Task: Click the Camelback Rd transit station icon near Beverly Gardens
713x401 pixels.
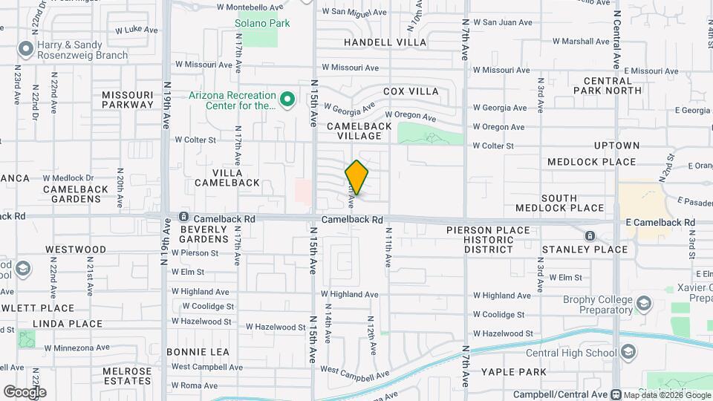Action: [183, 219]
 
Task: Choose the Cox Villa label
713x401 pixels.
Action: [411, 91]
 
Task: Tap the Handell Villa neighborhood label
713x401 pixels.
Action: [385, 42]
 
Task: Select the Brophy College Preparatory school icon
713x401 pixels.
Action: [643, 304]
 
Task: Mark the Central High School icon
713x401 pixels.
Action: [628, 351]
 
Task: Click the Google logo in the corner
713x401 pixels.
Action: [25, 391]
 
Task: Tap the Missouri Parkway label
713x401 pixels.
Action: [128, 100]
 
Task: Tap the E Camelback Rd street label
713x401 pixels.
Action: [659, 222]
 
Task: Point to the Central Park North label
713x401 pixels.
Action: [613, 85]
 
